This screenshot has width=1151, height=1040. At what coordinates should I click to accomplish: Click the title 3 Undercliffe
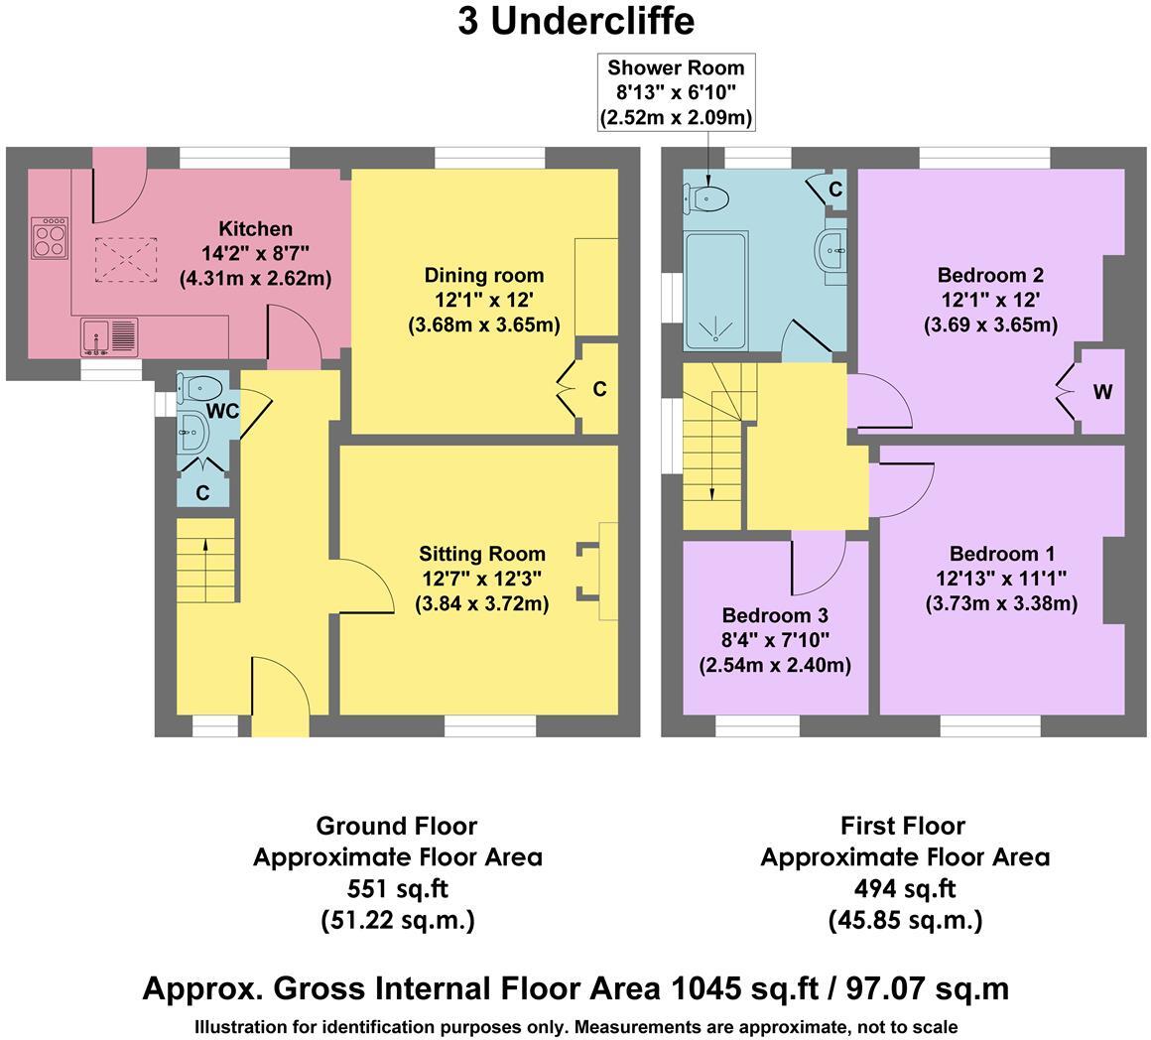tap(575, 21)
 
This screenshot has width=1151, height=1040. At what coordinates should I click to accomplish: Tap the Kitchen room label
tap(255, 229)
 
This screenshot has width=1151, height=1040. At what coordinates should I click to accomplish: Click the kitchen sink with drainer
tap(109, 336)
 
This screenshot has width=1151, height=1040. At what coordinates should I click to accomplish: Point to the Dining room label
tap(483, 275)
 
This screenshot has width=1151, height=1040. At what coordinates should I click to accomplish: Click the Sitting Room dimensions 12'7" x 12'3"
tap(481, 579)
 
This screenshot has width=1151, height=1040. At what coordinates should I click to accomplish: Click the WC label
tap(222, 411)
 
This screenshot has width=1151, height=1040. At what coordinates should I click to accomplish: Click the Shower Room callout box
tap(675, 92)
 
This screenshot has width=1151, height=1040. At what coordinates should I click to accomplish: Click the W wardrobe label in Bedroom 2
tap(1101, 392)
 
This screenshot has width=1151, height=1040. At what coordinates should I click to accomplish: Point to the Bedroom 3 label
tap(774, 615)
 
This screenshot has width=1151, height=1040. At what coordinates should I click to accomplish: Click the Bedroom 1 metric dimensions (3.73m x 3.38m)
tap(1001, 603)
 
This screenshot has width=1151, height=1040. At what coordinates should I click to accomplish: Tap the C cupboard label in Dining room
tap(599, 390)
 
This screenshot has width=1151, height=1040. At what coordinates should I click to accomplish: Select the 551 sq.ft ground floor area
tap(397, 888)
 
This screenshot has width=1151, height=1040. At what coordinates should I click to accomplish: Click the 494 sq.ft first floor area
tap(904, 888)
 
